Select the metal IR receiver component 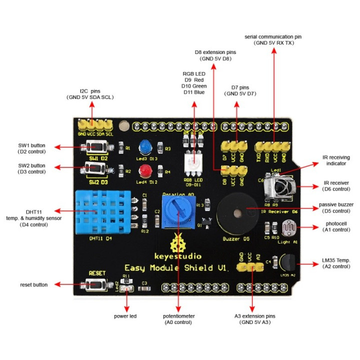(277, 189)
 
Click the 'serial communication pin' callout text (273, 40)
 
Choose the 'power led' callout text (125, 316)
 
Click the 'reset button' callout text (33, 284)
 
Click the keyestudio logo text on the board (177, 253)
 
